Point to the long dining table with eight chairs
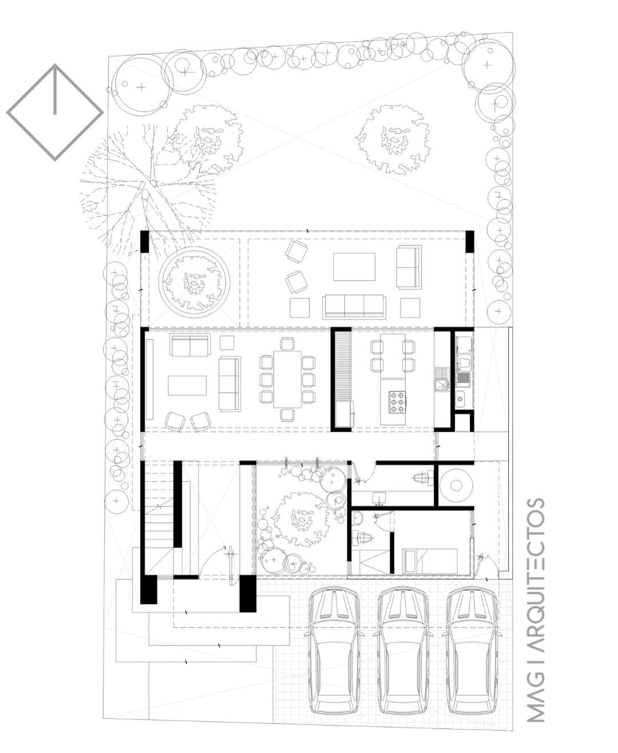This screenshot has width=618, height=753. point(287,379)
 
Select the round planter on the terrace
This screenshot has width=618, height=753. point(194,282)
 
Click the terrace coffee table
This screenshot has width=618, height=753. point(354,267)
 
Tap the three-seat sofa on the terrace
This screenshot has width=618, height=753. point(354,307)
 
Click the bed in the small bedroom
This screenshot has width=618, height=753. point(430,561)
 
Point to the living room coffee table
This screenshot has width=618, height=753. point(187,385)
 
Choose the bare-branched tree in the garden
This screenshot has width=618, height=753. point(146,186)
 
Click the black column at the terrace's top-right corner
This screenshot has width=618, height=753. point(470,242)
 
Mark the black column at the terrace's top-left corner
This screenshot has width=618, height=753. point(144,242)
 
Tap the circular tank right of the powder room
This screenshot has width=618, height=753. point(455,485)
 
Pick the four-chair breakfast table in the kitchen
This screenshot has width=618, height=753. point(393,356)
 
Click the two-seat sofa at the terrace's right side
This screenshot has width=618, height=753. point(409,267)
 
